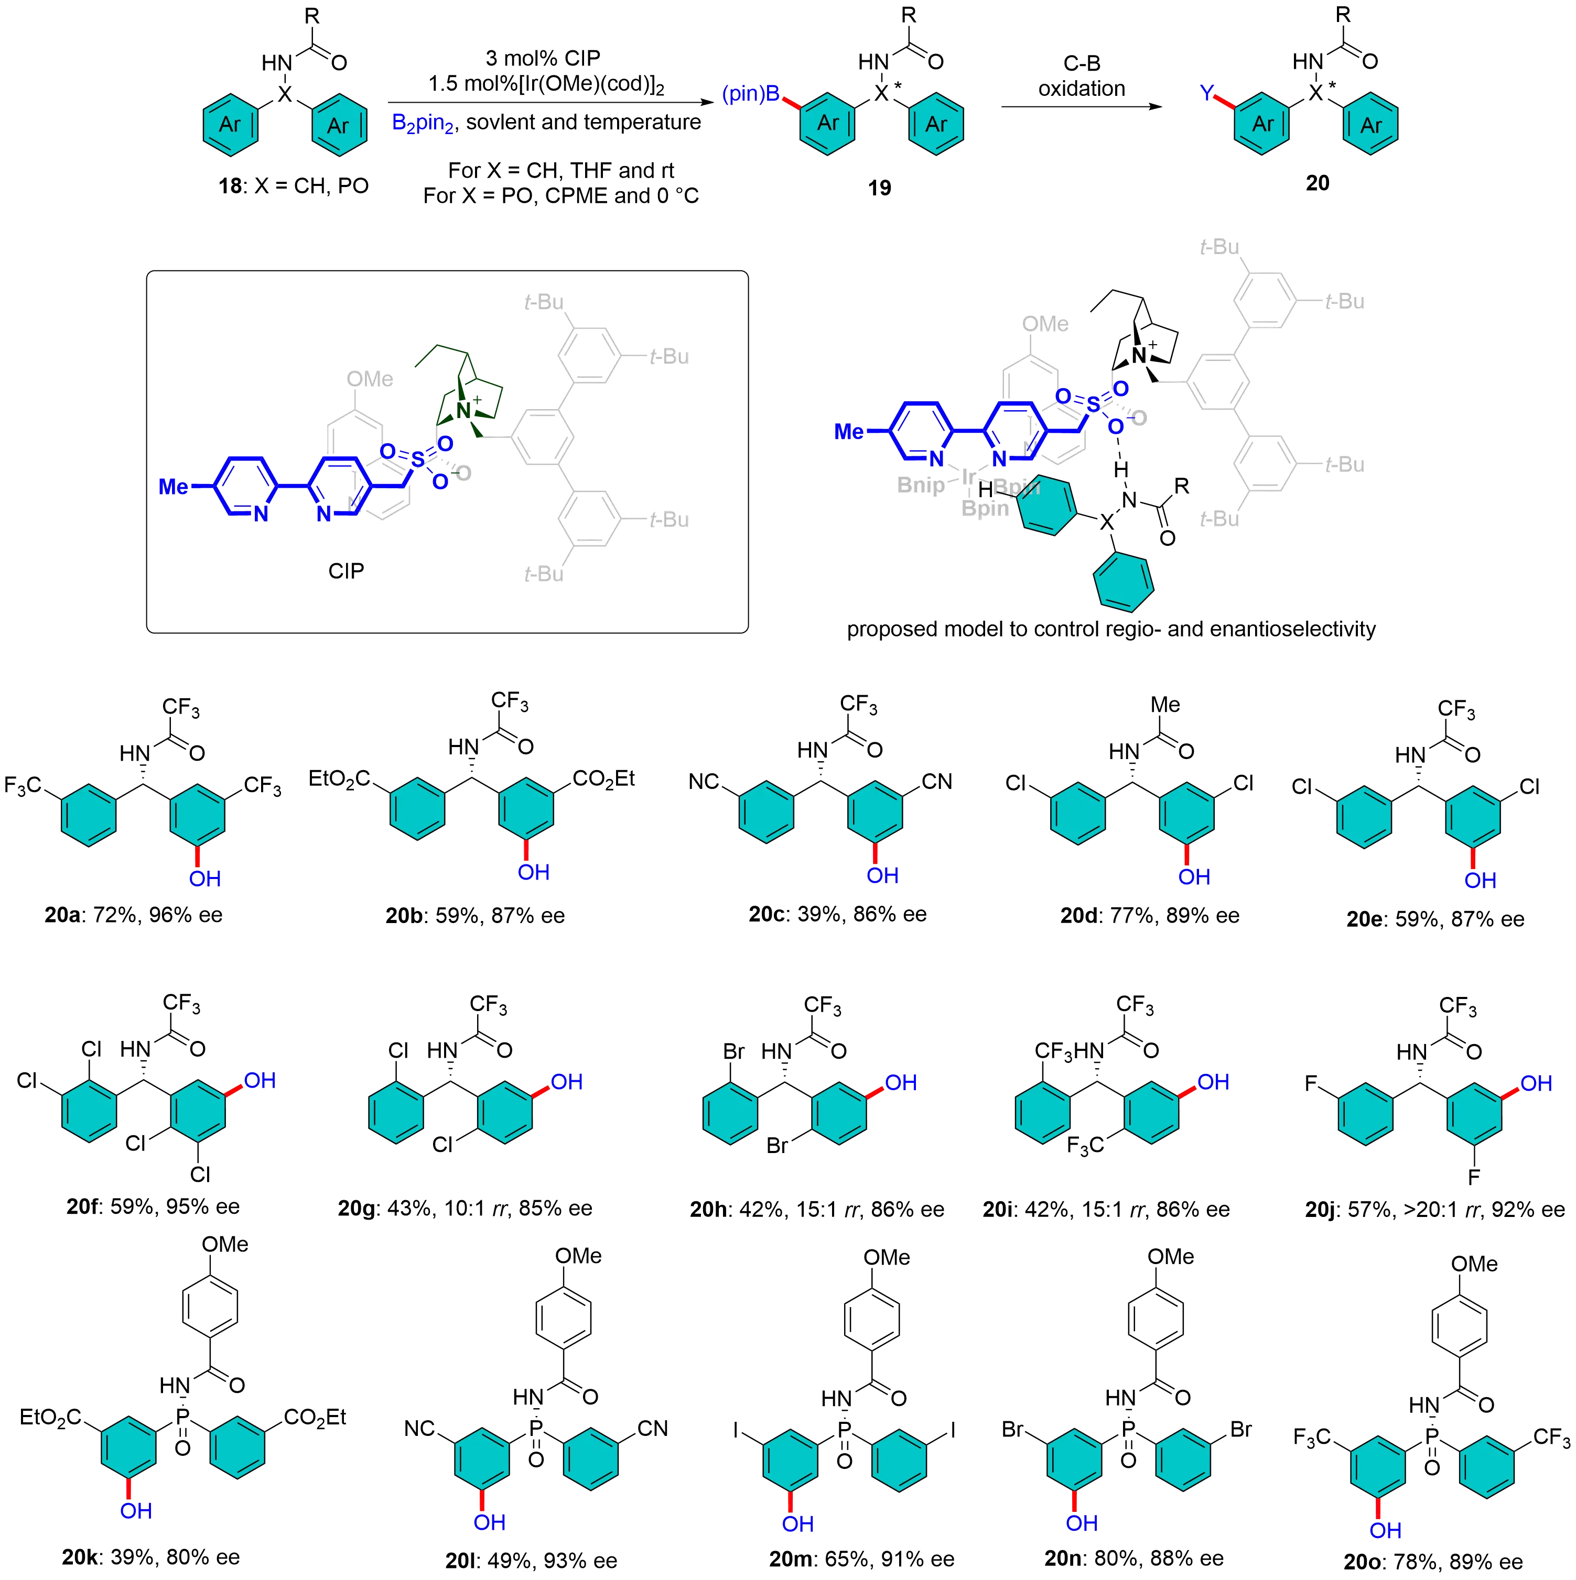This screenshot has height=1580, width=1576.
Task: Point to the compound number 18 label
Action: (x=292, y=187)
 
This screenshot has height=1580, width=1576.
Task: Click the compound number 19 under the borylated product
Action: (x=880, y=187)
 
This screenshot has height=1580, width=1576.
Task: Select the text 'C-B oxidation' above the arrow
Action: (x=1081, y=76)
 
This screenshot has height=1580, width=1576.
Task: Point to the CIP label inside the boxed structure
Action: (x=346, y=571)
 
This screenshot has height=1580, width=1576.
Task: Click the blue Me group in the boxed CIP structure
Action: (x=174, y=487)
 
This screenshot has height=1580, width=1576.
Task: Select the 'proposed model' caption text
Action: (x=1110, y=630)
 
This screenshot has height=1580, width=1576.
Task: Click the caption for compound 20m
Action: (x=861, y=1560)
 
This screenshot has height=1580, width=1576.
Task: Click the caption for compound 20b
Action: (x=474, y=916)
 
